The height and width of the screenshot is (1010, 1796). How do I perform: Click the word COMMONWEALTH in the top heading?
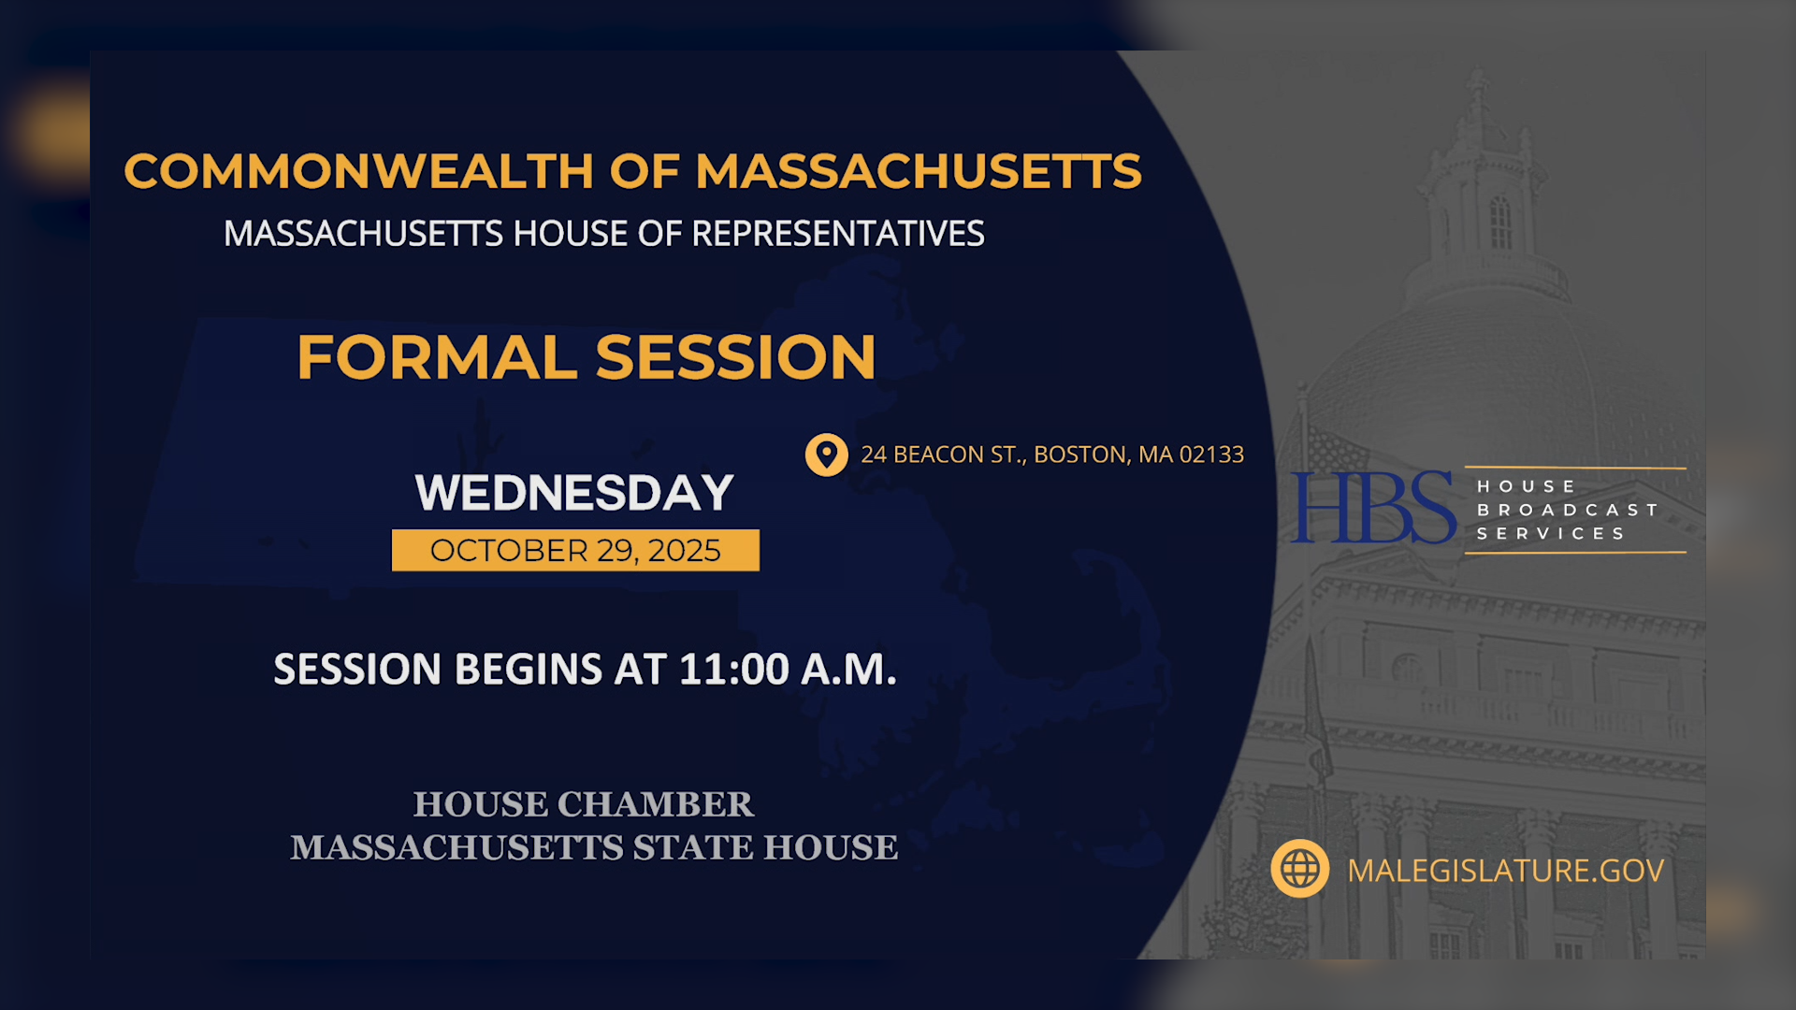[x=358, y=172]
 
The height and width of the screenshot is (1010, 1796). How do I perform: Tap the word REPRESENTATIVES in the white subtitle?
[x=837, y=234]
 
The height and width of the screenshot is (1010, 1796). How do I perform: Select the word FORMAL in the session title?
[x=437, y=357]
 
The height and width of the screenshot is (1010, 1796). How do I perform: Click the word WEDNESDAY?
[x=574, y=493]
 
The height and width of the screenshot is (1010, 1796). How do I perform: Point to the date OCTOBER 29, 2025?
[x=575, y=551]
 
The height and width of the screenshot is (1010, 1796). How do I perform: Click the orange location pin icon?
[x=826, y=454]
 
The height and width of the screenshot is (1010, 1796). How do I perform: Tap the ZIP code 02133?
[x=1211, y=454]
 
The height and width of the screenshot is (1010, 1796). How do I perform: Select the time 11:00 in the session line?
[x=733, y=670]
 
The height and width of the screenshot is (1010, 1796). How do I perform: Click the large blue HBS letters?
[x=1372, y=508]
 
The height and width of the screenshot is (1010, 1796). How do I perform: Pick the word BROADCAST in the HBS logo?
[x=1567, y=510]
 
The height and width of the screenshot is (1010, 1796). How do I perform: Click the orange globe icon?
[x=1299, y=869]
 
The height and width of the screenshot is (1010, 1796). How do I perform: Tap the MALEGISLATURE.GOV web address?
[x=1505, y=871]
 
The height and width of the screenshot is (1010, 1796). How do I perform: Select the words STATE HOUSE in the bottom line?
[x=765, y=847]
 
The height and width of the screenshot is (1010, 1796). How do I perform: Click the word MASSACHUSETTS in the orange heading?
[x=918, y=172]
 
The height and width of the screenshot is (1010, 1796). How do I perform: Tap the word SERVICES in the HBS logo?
[x=1551, y=533]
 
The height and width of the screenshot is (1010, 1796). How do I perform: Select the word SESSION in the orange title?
[x=735, y=357]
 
